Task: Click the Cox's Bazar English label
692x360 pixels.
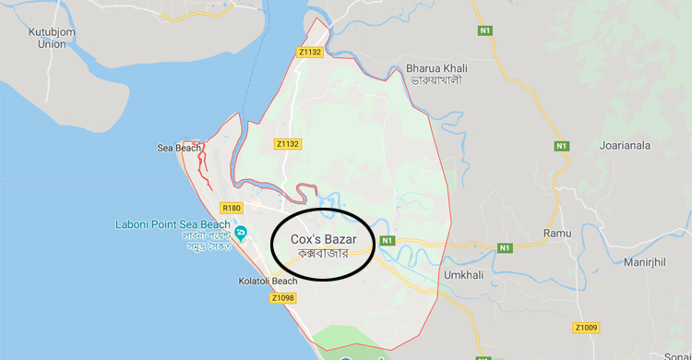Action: tap(322, 238)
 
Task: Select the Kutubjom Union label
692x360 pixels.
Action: tap(46, 38)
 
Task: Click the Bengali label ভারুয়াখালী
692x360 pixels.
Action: tap(435, 80)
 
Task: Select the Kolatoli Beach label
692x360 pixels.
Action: tap(239, 280)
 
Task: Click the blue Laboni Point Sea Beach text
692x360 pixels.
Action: tap(173, 224)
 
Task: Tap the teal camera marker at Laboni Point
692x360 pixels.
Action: tap(241, 231)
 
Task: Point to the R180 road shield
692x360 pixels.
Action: tap(231, 209)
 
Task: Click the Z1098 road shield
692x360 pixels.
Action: tap(283, 297)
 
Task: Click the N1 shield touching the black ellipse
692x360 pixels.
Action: tap(387, 241)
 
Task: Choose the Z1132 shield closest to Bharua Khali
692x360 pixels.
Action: tap(310, 53)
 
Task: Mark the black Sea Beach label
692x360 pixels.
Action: tap(178, 148)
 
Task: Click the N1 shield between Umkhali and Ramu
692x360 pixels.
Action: tap(505, 247)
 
